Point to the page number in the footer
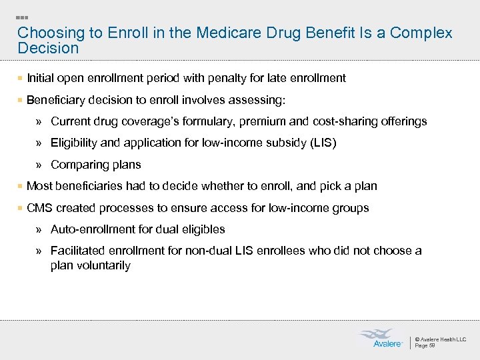425,345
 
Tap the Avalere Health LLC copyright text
441,339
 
